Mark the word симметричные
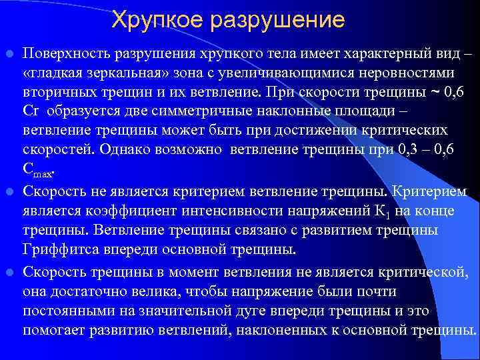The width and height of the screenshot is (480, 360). [x=190, y=109]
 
